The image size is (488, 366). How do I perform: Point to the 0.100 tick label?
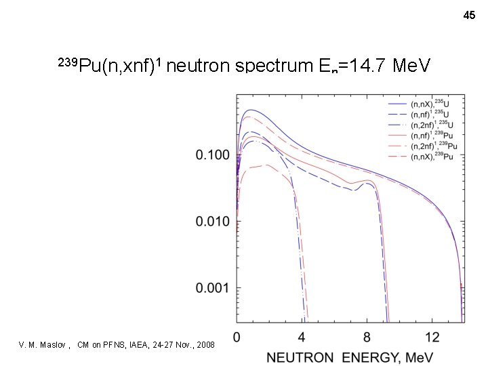(x=213, y=155)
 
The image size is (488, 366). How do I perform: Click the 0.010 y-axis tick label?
(x=213, y=222)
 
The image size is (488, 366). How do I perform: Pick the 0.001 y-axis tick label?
(x=213, y=288)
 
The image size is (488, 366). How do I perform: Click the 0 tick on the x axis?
(x=237, y=337)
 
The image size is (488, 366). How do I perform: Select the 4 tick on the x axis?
(x=302, y=337)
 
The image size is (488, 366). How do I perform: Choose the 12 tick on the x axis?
(x=432, y=337)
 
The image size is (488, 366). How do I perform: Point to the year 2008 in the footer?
(x=204, y=346)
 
